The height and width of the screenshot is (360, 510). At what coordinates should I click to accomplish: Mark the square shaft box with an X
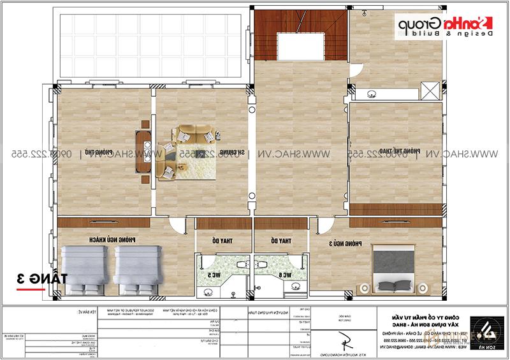coord(430,90)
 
